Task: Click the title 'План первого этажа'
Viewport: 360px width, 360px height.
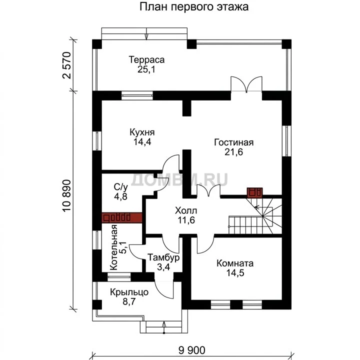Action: (194, 6)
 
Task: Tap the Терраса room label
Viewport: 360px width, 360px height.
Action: (146, 59)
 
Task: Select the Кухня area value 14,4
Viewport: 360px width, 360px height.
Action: (142, 142)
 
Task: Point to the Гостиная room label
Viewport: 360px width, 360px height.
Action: (233, 142)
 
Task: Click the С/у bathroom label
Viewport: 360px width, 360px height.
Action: (121, 187)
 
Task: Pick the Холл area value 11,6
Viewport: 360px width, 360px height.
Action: (186, 220)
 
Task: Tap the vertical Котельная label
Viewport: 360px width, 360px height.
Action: (113, 247)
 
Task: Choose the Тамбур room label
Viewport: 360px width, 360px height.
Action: (163, 257)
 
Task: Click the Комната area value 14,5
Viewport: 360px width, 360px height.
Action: (235, 273)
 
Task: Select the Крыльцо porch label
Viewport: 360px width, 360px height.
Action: (129, 292)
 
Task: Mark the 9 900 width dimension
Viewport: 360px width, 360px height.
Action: (191, 350)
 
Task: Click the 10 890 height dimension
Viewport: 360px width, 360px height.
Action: (67, 196)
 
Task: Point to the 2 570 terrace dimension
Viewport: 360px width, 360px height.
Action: (67, 65)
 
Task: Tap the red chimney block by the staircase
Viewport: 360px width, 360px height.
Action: (254, 192)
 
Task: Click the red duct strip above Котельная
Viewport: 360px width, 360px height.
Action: (121, 217)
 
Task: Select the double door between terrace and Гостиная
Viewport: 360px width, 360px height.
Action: (246, 84)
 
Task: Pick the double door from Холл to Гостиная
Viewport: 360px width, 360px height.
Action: (208, 190)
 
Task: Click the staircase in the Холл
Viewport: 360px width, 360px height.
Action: (255, 216)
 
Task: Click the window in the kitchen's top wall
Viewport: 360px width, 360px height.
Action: (137, 95)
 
